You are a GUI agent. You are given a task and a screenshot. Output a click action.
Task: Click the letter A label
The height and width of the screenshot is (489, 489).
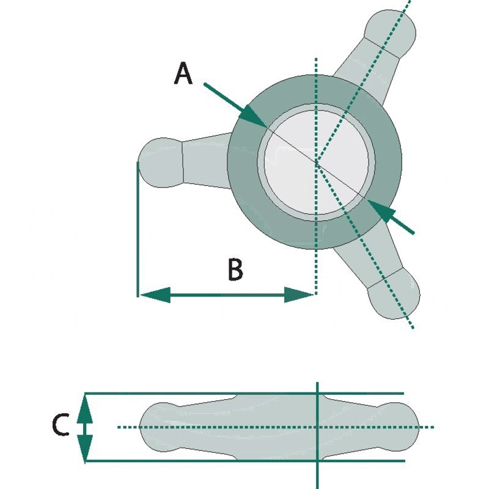[x=183, y=75]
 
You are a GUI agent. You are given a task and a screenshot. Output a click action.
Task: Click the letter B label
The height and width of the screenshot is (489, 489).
[x=235, y=270]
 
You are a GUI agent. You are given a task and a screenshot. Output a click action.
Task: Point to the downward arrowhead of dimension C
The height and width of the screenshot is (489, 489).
[x=85, y=446]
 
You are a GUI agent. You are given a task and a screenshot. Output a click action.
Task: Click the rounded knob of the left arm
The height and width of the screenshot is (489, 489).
[x=160, y=162]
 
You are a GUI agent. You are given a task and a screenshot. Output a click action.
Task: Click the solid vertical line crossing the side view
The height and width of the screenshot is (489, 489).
[x=317, y=471]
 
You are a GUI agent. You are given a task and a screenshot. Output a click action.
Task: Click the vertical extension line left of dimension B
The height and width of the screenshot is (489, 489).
[x=137, y=244]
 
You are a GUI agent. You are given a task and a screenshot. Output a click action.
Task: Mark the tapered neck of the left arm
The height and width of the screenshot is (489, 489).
[x=205, y=162]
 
